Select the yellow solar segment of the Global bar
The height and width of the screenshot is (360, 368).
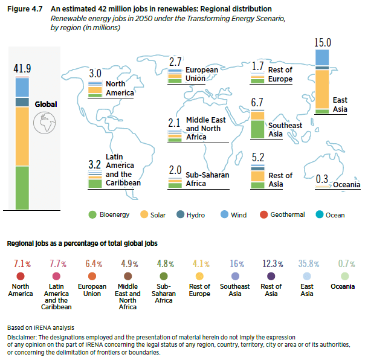pyautogui.click(x=22, y=137)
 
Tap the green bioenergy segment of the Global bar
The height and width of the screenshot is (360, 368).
pyautogui.click(x=22, y=187)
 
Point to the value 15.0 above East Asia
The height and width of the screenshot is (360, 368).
pyautogui.click(x=323, y=42)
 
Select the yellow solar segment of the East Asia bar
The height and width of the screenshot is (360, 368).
pyautogui.click(x=323, y=89)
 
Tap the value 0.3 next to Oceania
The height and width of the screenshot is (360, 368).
pyautogui.click(x=321, y=179)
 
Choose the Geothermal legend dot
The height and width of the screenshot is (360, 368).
pyautogui.click(x=263, y=215)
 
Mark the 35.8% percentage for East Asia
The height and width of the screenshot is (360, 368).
pyautogui.click(x=307, y=264)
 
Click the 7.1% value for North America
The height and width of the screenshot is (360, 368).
pyautogui.click(x=21, y=264)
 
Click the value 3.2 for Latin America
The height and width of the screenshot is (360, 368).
pyautogui.click(x=94, y=164)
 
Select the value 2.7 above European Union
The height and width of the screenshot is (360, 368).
pyautogui.click(x=175, y=62)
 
